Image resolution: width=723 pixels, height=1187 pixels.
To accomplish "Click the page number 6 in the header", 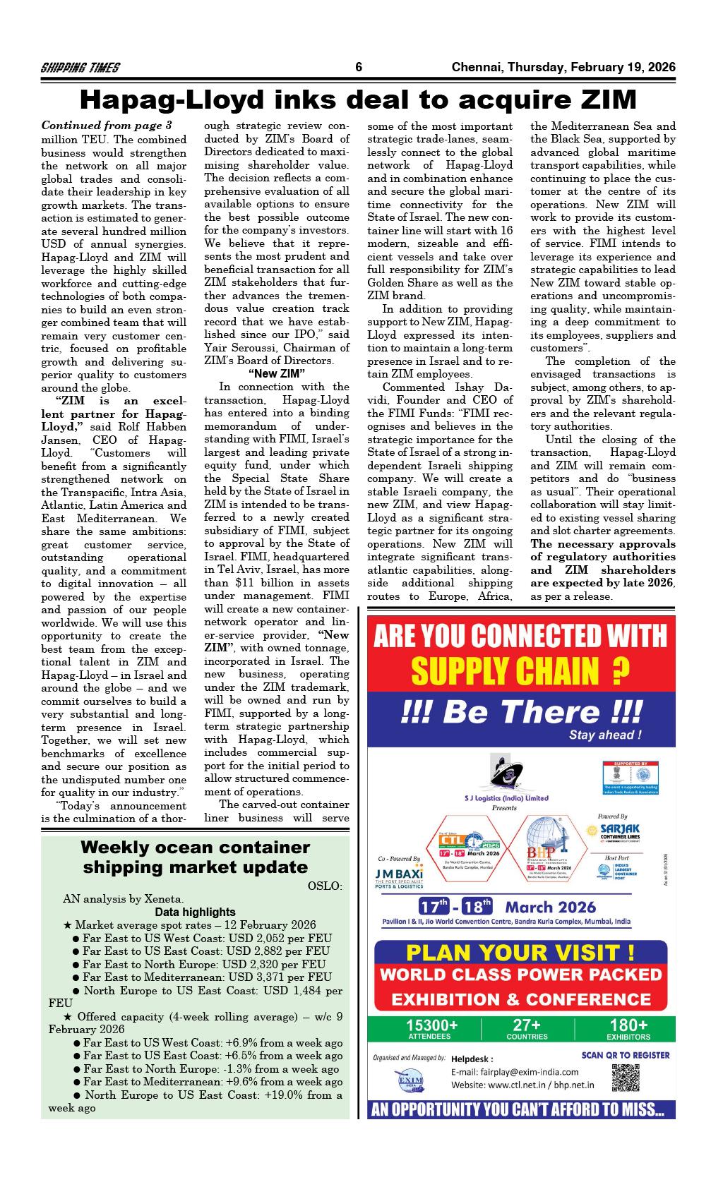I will (359, 68).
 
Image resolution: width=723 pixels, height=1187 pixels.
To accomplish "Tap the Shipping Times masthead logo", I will (80, 68).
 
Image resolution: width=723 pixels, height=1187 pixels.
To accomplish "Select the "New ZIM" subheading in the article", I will (277, 373).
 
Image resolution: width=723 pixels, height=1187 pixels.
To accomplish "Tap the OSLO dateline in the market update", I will (325, 886).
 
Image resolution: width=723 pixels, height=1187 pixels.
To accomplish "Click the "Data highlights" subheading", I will (195, 912).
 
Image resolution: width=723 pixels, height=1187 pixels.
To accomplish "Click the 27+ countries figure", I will (527, 1025).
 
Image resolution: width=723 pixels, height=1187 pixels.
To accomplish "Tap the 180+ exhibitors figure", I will (628, 1025).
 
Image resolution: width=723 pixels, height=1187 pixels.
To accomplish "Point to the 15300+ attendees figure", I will (431, 1025).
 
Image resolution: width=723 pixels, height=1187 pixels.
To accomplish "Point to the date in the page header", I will (563, 68).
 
